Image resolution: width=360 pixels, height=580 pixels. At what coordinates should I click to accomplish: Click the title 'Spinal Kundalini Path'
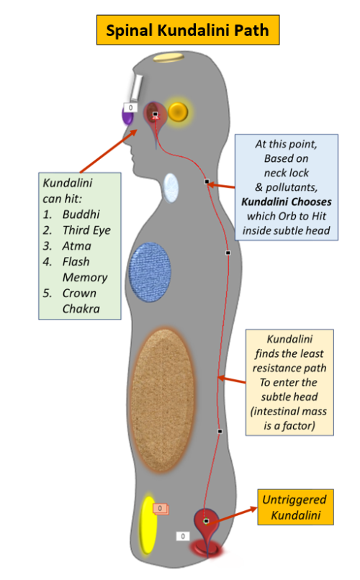click(188, 30)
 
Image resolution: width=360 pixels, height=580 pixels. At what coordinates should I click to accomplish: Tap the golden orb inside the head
click(178, 112)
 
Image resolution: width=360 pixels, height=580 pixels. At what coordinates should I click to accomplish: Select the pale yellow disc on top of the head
click(168, 58)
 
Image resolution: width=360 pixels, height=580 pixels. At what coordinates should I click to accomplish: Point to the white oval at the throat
click(171, 188)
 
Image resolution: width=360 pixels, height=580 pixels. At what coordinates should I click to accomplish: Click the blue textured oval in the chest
click(150, 272)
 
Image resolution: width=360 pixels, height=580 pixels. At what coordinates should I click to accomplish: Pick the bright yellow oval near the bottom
click(148, 525)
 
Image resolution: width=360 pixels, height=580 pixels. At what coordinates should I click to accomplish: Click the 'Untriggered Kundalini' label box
click(296, 507)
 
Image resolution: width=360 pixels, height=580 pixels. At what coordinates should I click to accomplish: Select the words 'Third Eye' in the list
click(86, 230)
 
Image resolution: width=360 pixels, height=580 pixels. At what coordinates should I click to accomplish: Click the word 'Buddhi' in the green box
click(81, 214)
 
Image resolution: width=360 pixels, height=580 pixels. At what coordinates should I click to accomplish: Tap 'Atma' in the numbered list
click(76, 246)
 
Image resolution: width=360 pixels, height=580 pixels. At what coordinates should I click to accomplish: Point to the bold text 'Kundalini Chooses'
click(287, 201)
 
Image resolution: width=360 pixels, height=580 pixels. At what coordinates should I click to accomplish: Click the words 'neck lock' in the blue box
click(287, 173)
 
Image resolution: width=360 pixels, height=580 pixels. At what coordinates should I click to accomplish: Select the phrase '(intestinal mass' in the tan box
click(289, 411)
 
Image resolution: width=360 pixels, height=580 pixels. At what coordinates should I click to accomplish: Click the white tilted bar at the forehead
click(136, 88)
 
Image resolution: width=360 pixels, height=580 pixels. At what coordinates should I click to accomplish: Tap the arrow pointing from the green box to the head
click(108, 151)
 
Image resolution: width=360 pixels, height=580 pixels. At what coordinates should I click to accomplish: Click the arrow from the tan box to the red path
click(232, 380)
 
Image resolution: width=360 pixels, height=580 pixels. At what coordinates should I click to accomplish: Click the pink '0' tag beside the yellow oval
click(161, 509)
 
